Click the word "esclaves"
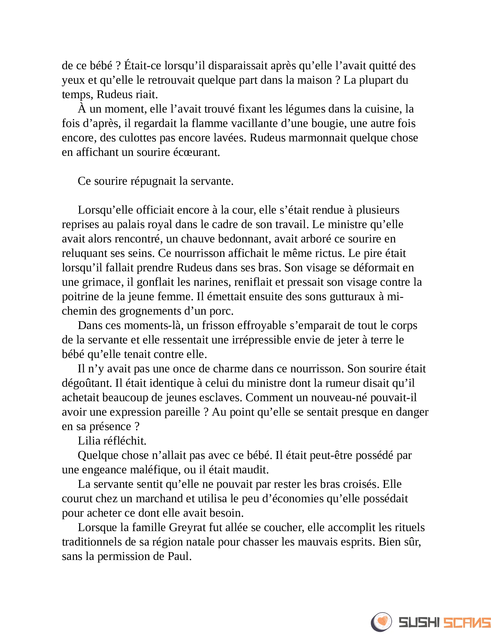[x=223, y=397]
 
